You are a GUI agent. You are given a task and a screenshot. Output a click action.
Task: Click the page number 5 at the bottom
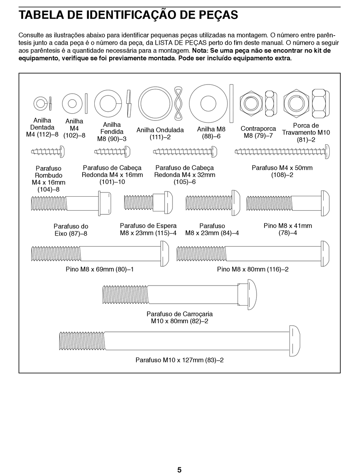click(x=179, y=470)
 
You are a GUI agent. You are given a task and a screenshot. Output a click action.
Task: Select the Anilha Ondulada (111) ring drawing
click(x=155, y=104)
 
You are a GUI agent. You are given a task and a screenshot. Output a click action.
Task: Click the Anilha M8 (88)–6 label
click(x=211, y=133)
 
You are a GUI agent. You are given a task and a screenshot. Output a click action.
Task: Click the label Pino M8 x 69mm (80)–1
click(x=100, y=269)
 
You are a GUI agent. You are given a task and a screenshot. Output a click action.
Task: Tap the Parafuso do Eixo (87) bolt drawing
click(x=71, y=203)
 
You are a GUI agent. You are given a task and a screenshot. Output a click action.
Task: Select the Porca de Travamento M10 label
click(x=306, y=133)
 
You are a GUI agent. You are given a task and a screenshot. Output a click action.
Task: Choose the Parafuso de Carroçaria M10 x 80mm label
click(x=180, y=317)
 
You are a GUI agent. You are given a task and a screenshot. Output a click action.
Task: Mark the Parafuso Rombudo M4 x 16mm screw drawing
click(x=48, y=152)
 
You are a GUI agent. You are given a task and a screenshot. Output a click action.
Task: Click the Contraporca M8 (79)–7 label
click(x=258, y=132)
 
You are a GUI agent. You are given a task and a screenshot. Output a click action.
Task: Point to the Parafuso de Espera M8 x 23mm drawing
click(x=148, y=202)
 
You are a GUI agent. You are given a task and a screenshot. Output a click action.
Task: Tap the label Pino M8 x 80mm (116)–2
click(x=253, y=269)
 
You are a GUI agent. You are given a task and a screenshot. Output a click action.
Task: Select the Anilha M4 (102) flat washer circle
click(x=72, y=103)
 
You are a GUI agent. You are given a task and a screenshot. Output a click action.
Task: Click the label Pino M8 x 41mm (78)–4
click(x=288, y=229)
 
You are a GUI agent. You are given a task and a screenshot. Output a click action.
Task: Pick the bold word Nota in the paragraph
click(x=200, y=50)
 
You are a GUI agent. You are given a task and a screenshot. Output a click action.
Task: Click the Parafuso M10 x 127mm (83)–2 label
click(x=180, y=360)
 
